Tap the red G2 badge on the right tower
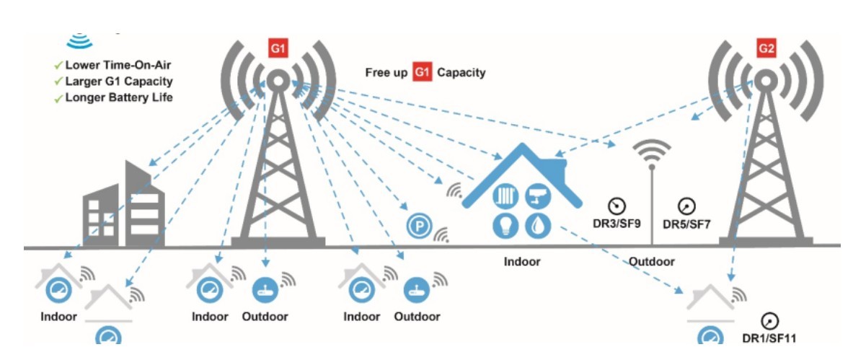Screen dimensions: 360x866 pyautogui.click(x=766, y=50)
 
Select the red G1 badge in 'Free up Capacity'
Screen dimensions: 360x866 pyautogui.click(x=422, y=72)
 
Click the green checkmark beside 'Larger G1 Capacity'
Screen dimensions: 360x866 pyautogui.click(x=58, y=82)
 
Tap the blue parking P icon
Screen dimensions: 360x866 pyautogui.click(x=417, y=227)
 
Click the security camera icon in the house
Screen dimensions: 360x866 pyautogui.click(x=538, y=193)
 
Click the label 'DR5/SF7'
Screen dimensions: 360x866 pyautogui.click(x=687, y=224)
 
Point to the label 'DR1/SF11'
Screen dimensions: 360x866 pyautogui.click(x=769, y=337)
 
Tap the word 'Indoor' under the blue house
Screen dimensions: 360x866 pyautogui.click(x=522, y=261)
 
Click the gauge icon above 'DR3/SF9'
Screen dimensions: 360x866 pyautogui.click(x=617, y=206)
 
